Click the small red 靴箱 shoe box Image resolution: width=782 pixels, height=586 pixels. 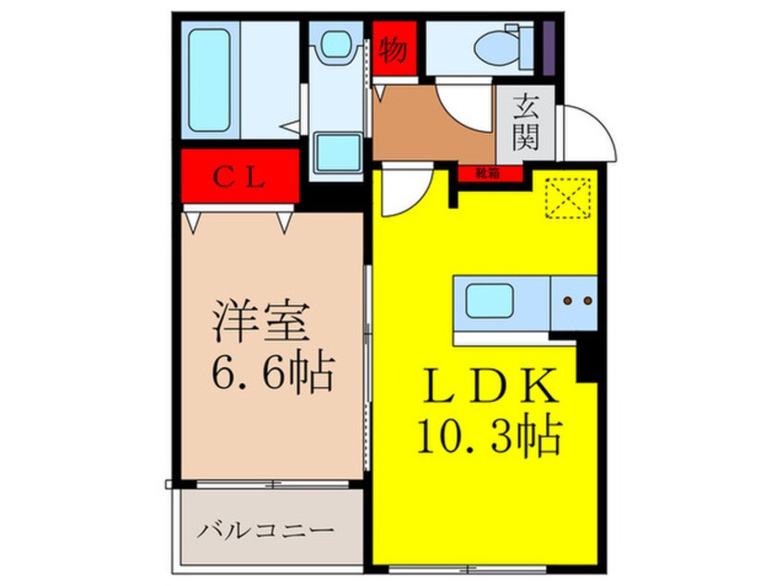point(488,173)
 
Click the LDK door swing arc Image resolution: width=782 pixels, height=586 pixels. point(400,192)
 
